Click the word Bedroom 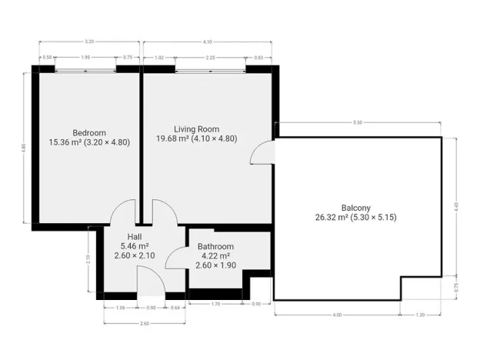coord(88,132)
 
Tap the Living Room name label coord(196,128)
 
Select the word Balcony coord(356,207)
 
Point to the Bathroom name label coord(215,246)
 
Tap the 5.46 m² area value coord(134,245)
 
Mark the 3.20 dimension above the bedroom coord(89,42)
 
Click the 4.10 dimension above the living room coord(208,42)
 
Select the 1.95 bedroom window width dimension coord(85,58)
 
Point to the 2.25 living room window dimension coord(210,58)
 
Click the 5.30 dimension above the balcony coord(358,122)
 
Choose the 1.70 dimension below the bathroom coord(217,305)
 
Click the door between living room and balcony coord(263,153)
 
